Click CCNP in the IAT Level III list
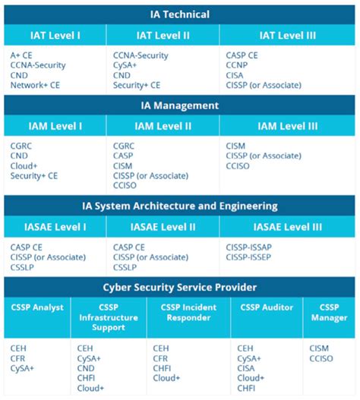[238, 65]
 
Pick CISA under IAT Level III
[237, 75]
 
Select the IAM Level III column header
[289, 126]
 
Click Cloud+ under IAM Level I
[25, 165]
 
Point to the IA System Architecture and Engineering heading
[179, 206]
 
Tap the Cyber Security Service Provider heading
[179, 287]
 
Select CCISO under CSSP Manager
[321, 357]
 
